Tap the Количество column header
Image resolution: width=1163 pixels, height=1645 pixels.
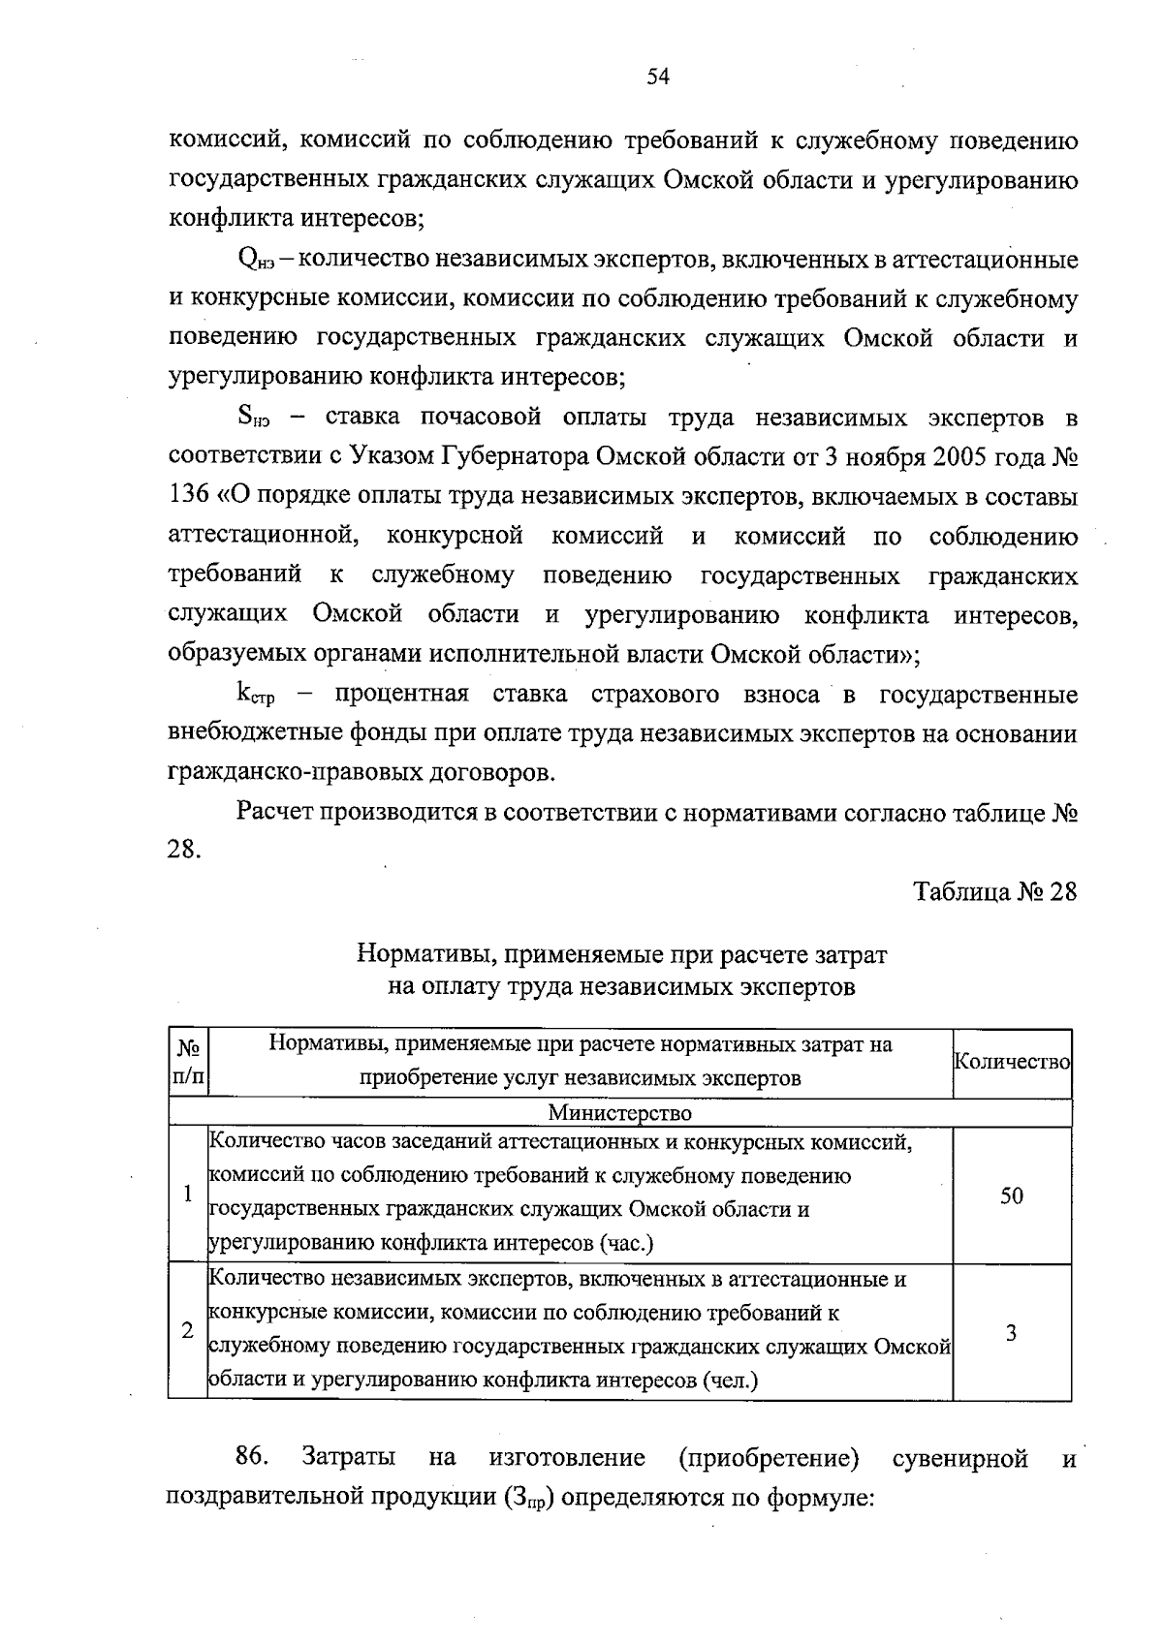click(x=1012, y=1062)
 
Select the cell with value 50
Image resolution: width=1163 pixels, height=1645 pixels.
click(x=1011, y=1195)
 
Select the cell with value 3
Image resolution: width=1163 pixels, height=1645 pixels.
click(x=1011, y=1332)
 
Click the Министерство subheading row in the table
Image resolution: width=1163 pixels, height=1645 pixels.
click(x=620, y=1113)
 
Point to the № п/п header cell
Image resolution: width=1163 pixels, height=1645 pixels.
click(x=189, y=1062)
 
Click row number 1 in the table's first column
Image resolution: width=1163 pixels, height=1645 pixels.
click(x=187, y=1194)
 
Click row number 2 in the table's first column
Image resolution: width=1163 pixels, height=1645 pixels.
click(x=187, y=1331)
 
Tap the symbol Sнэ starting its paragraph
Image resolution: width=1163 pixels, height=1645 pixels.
click(x=253, y=419)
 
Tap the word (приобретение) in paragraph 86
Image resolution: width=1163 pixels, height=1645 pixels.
click(x=769, y=1458)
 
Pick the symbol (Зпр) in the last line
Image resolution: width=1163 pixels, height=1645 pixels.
click(x=528, y=1498)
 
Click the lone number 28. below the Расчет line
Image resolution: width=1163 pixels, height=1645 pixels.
click(x=185, y=850)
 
